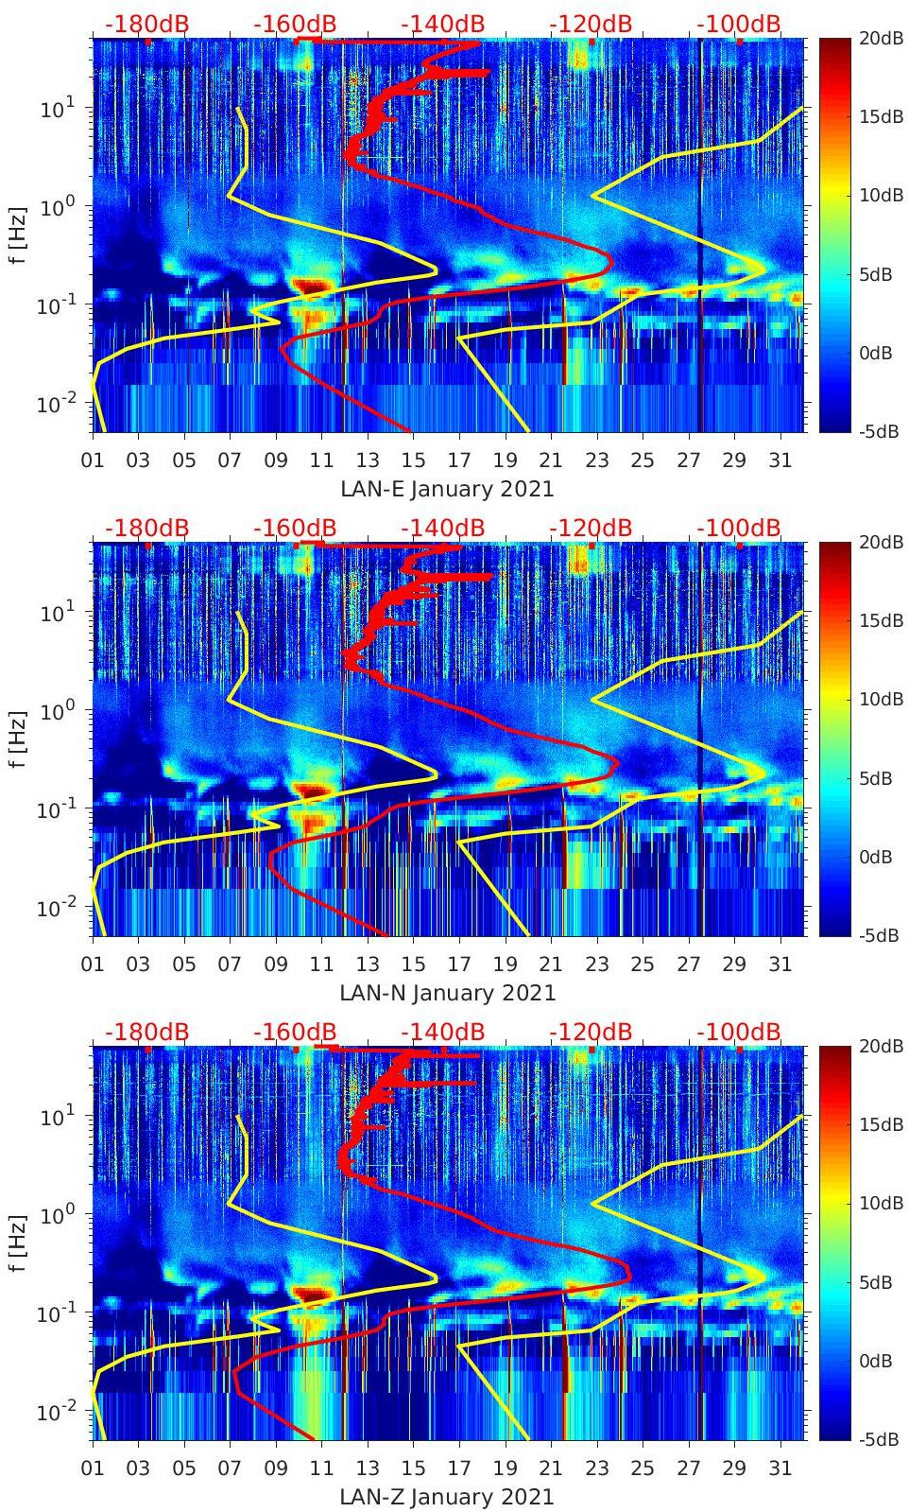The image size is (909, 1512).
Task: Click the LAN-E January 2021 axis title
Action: click(x=447, y=490)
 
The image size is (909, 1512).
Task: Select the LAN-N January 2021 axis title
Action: click(x=448, y=993)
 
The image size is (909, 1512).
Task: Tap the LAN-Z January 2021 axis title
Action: click(x=447, y=1497)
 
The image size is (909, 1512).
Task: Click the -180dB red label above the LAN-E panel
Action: click(x=146, y=25)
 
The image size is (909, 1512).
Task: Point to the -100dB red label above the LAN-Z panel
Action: click(x=739, y=1032)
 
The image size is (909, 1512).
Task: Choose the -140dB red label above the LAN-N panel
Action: click(x=443, y=528)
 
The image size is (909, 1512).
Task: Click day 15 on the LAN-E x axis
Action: click(x=413, y=461)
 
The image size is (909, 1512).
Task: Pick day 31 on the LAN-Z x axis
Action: click(x=780, y=1468)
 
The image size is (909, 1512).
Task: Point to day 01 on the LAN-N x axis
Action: click(x=93, y=965)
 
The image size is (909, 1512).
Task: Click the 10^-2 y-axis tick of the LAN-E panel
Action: click(x=55, y=404)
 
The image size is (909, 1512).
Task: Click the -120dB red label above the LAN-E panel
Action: click(x=591, y=25)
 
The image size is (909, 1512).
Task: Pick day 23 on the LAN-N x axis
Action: click(x=596, y=965)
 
